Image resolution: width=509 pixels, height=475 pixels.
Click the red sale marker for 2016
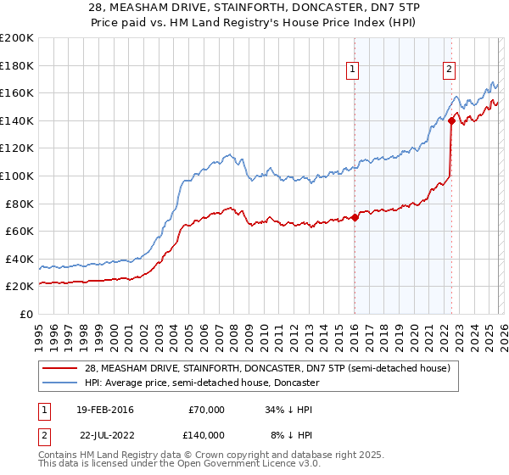[x=355, y=217]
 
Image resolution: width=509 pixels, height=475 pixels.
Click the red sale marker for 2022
[x=451, y=120]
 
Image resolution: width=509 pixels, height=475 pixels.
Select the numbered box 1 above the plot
[x=352, y=70]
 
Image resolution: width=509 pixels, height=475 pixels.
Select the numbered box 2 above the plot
[x=449, y=70]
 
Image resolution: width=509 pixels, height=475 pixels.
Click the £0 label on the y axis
[x=25, y=314]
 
